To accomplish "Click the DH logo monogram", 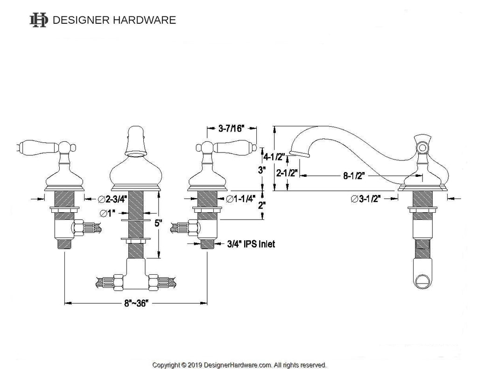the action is [39, 20].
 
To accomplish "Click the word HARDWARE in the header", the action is [145, 20].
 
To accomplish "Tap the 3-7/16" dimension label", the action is [232, 128].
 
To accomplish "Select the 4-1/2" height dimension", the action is [274, 157].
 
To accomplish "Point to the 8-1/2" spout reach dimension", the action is [354, 176].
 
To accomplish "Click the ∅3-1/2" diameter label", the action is [366, 199].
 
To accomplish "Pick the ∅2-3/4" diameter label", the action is [112, 199].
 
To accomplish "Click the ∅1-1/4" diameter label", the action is [240, 199].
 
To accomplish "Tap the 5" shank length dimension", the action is [158, 223].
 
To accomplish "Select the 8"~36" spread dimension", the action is [136, 304].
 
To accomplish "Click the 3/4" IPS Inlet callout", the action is [251, 244].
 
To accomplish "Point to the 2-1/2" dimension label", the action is [287, 173].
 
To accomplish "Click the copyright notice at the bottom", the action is [239, 365].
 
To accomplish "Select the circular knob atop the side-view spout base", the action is [422, 148].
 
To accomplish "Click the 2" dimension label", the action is [261, 205].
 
